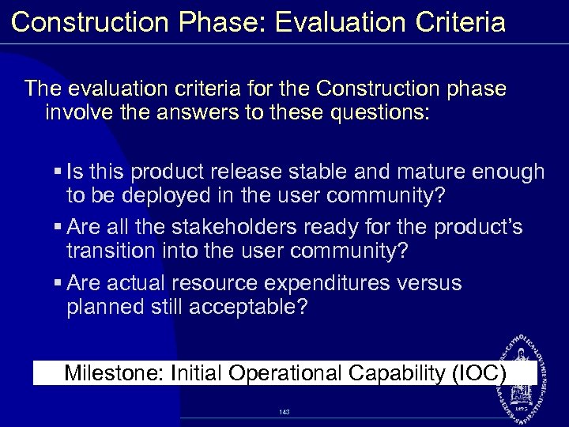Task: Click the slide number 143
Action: tap(284, 412)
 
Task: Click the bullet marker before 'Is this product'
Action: tap(59, 172)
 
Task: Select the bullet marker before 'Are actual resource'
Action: tap(59, 283)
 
